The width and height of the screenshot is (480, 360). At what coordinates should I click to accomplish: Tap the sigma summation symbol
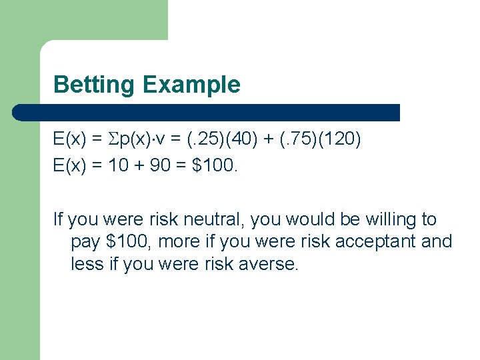[x=114, y=139]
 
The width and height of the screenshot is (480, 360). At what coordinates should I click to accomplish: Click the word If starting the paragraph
[x=58, y=219]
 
